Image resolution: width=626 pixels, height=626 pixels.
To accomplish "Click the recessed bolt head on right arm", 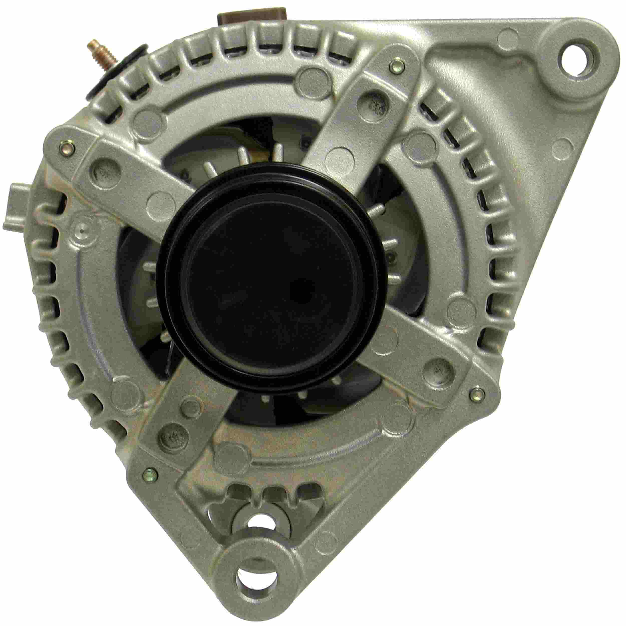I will point(438,369).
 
